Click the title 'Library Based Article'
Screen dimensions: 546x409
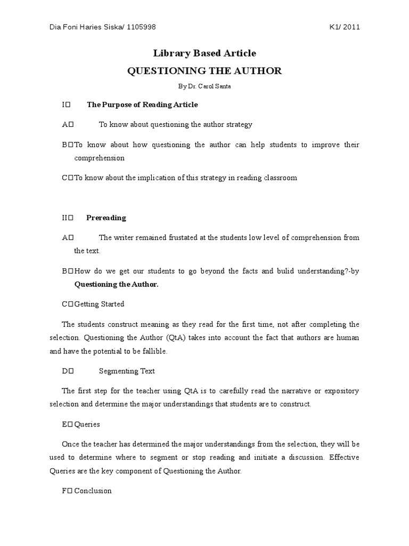pyautogui.click(x=204, y=53)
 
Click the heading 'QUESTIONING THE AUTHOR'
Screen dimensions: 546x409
pyautogui.click(x=204, y=71)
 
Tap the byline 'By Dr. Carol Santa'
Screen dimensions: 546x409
pyautogui.click(x=204, y=86)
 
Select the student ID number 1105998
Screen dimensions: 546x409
pyautogui.click(x=141, y=28)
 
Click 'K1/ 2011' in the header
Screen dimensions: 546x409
pyautogui.click(x=345, y=28)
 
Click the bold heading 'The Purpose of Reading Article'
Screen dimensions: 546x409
pyautogui.click(x=142, y=105)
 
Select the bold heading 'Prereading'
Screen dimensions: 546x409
pyautogui.click(x=106, y=218)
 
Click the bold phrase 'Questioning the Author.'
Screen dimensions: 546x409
pyautogui.click(x=116, y=284)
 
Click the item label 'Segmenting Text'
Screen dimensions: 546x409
pyautogui.click(x=127, y=371)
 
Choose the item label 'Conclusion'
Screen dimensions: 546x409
pyautogui.click(x=93, y=491)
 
